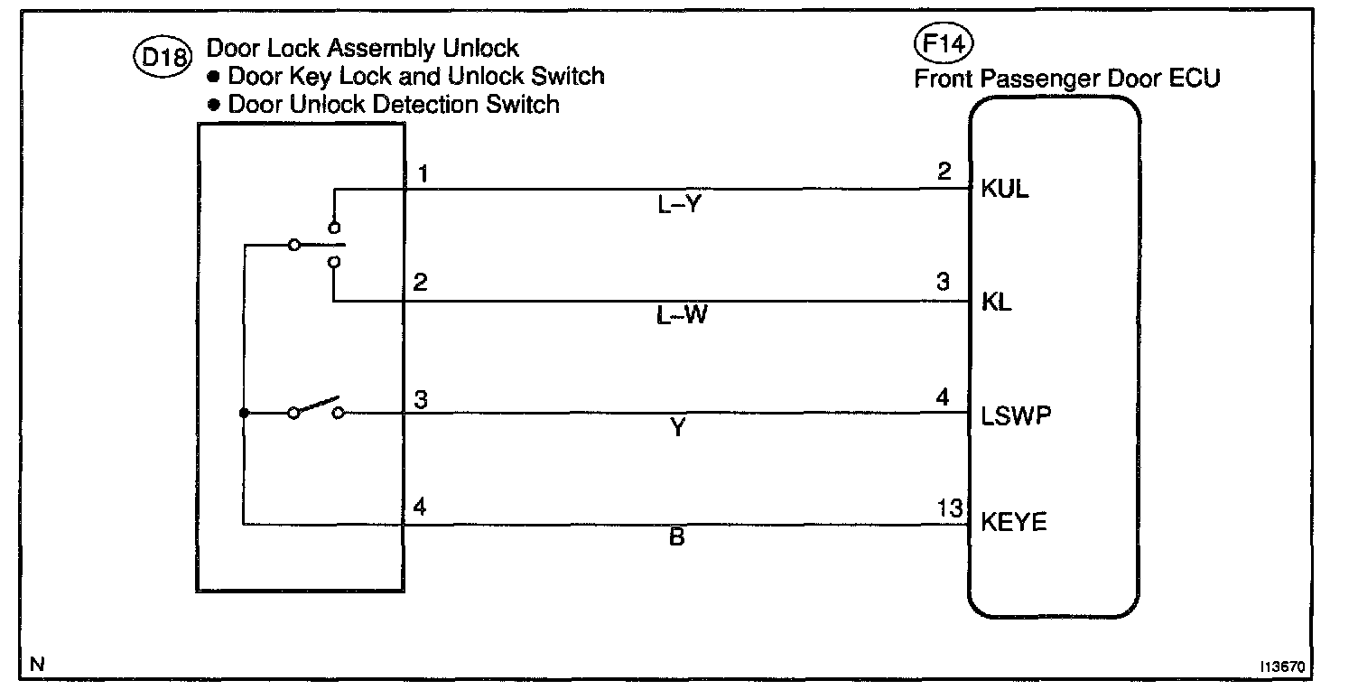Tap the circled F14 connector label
(x=945, y=45)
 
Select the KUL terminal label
(x=1005, y=191)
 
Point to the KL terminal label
(x=997, y=303)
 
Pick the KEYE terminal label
(x=1014, y=523)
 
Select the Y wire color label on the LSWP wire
(x=677, y=430)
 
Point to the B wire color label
(x=677, y=538)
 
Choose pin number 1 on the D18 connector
(x=420, y=172)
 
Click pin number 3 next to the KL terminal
(x=944, y=284)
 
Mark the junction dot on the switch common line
(x=244, y=414)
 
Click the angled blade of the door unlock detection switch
(x=317, y=405)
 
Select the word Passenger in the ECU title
(x=1039, y=79)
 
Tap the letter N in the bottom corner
(x=37, y=665)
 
